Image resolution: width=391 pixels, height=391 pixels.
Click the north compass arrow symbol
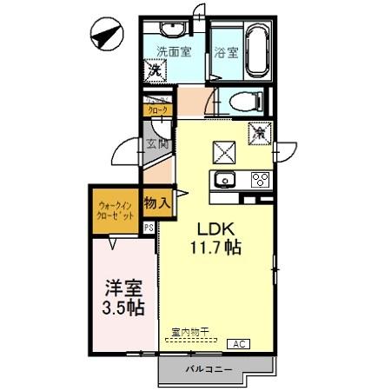pyautogui.click(x=107, y=37)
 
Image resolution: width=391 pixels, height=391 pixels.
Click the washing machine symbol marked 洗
pyautogui.click(x=154, y=69)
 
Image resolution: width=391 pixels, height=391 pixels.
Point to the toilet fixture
pyautogui.click(x=247, y=102)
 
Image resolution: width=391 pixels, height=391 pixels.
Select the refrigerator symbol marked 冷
pyautogui.click(x=260, y=135)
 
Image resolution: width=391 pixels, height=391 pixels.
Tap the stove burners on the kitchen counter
pyautogui.click(x=259, y=181)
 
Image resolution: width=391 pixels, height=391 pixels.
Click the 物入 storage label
pyautogui.click(x=157, y=203)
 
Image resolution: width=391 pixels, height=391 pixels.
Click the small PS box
pyautogui.click(x=149, y=228)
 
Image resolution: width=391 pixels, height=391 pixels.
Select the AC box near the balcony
pyautogui.click(x=238, y=344)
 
